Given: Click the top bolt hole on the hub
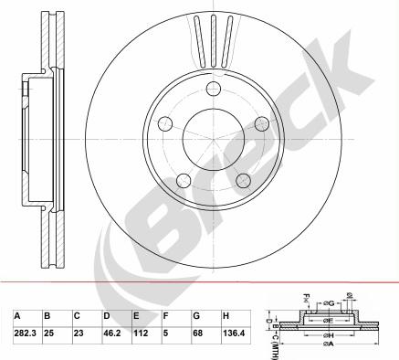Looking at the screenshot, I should (x=214, y=89).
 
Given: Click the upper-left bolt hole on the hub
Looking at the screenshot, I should (x=165, y=123).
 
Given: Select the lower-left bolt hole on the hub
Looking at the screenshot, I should (x=184, y=180).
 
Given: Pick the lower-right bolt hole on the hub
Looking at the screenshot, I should (x=244, y=180).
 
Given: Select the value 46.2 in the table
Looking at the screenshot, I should (x=113, y=332).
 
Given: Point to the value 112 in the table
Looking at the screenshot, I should (x=141, y=332).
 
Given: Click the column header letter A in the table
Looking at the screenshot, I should (x=16, y=315).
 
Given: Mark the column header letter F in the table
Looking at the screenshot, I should (x=165, y=315).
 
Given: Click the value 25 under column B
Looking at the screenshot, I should (x=49, y=332).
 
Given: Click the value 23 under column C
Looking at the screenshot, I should (x=79, y=332).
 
